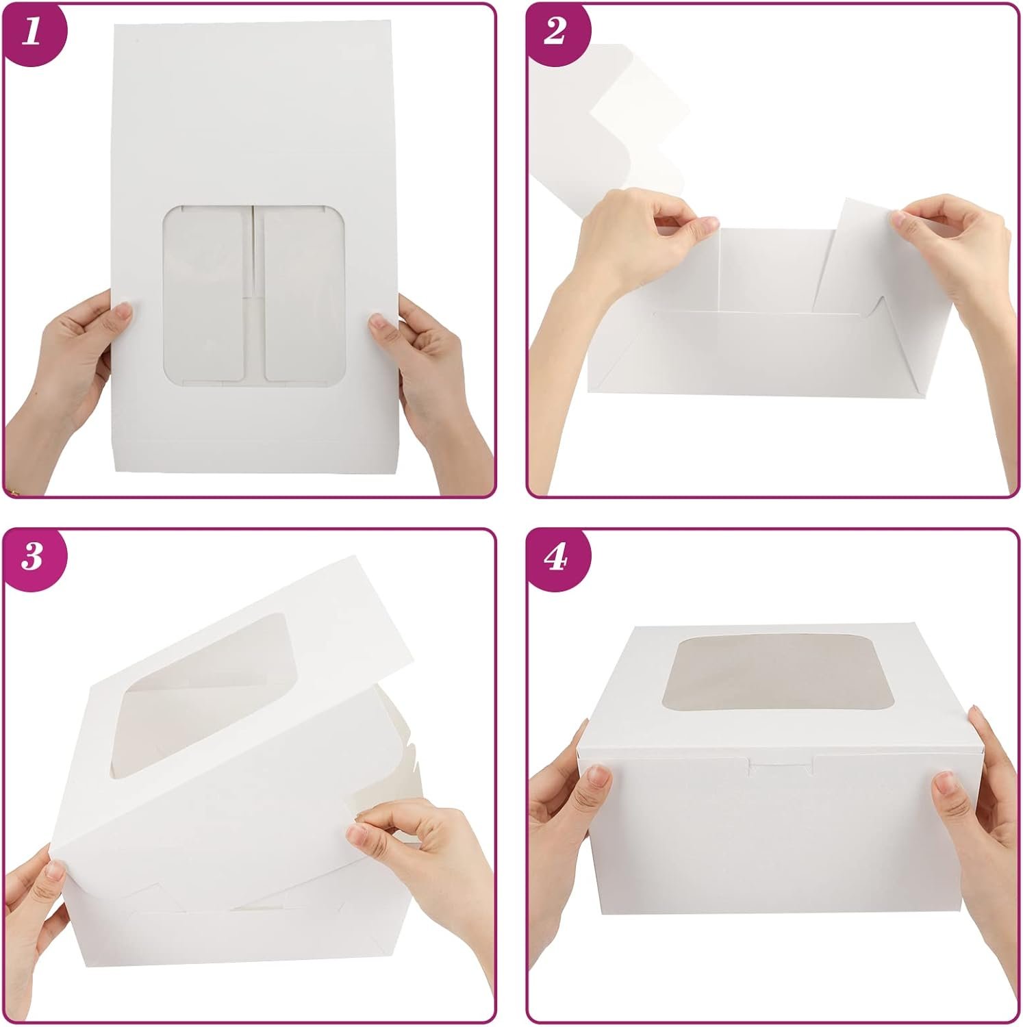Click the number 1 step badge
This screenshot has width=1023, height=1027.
coord(31,33)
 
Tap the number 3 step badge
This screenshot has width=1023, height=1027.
coord(31,557)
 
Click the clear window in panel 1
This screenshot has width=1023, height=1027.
coord(254,293)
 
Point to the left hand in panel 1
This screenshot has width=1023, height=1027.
coord(68,370)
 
